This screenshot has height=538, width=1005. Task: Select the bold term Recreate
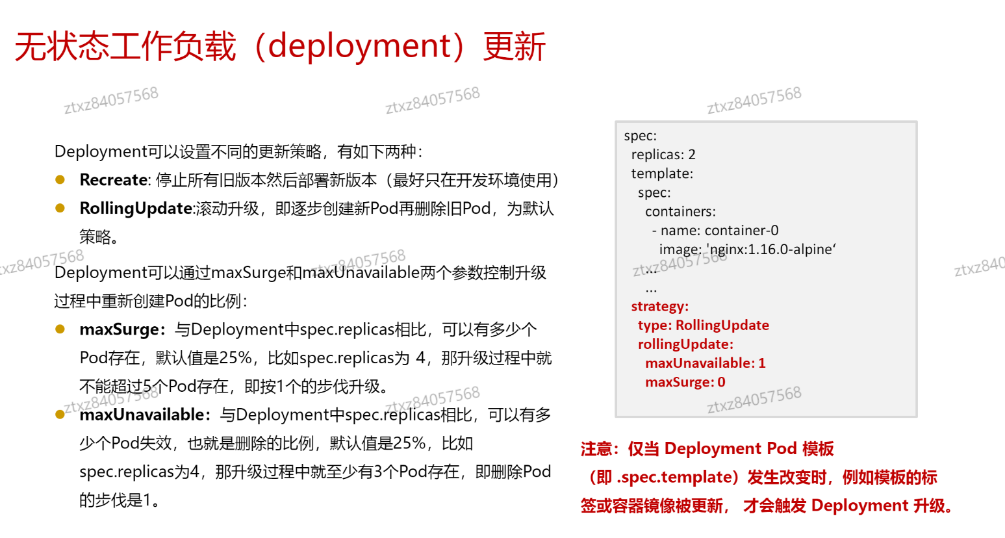tap(114, 180)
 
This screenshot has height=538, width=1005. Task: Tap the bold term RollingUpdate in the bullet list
tap(136, 209)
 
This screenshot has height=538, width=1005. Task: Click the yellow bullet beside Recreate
tap(60, 180)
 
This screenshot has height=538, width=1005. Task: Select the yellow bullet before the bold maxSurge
tap(60, 329)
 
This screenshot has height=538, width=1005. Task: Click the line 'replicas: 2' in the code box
tap(663, 155)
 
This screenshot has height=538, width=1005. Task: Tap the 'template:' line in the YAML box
tap(662, 173)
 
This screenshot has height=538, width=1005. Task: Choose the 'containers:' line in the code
tap(680, 212)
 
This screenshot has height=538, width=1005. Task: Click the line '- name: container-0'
tap(715, 231)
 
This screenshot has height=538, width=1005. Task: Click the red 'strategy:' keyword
tap(659, 307)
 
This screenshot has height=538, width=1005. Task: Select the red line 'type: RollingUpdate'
tap(703, 326)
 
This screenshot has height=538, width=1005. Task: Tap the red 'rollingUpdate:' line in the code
tap(685, 344)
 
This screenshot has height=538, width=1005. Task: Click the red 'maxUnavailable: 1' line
tap(705, 363)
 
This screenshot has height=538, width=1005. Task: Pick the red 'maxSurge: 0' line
tap(685, 382)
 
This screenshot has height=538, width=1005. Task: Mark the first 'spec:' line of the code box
tap(640, 136)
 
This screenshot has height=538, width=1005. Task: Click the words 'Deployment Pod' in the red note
tap(730, 449)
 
